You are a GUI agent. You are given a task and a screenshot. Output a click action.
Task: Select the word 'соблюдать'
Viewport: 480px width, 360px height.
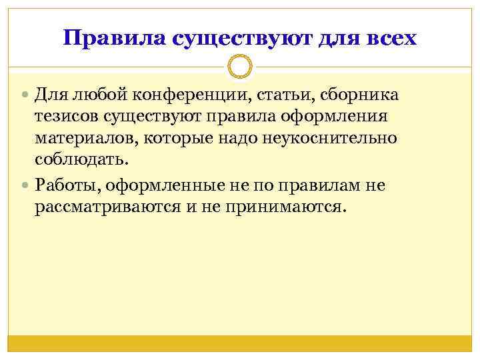coord(80,161)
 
